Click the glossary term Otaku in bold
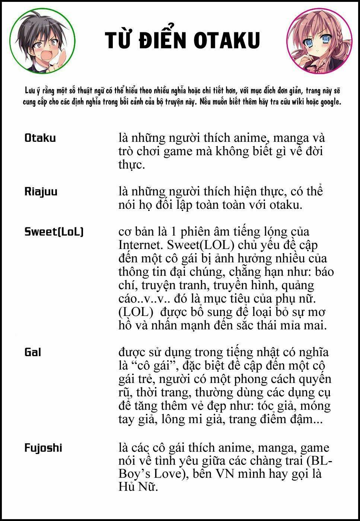click(x=40, y=138)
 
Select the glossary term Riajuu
click(x=41, y=192)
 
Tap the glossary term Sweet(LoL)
click(x=54, y=231)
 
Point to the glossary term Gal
click(x=33, y=352)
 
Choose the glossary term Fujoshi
click(x=43, y=447)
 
